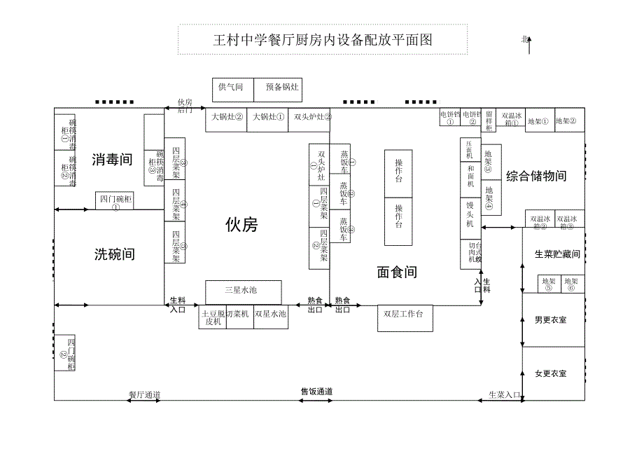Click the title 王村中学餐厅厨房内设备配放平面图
coord(323,40)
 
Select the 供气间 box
coord(232,88)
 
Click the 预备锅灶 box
coord(282,88)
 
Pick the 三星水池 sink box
coord(243,291)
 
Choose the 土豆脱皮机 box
coord(212,317)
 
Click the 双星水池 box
coord(270,315)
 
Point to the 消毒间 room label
coord(112,160)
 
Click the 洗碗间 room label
coord(114,254)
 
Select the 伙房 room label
coord(241,224)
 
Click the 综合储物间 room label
coord(536,176)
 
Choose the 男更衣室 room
coord(550,320)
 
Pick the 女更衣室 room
coord(550,373)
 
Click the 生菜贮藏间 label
coord(557,254)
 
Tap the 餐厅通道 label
coord(144,395)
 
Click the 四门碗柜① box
coord(115,202)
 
